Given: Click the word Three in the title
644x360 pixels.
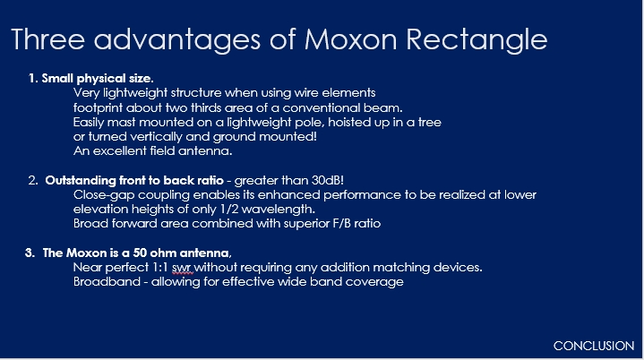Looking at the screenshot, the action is pos(47,39).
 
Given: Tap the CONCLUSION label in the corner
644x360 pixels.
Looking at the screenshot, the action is pos(594,346).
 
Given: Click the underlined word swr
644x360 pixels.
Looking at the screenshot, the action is pos(182,268).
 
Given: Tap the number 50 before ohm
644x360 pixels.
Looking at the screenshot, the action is pos(140,253).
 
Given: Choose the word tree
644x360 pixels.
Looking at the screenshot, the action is pos(430,123).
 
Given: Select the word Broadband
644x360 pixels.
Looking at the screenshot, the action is pos(107,281).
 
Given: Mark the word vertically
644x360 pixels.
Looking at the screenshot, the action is pos(157,137).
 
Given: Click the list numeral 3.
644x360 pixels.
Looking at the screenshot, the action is pos(30,253).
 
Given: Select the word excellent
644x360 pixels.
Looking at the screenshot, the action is pos(119,151).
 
